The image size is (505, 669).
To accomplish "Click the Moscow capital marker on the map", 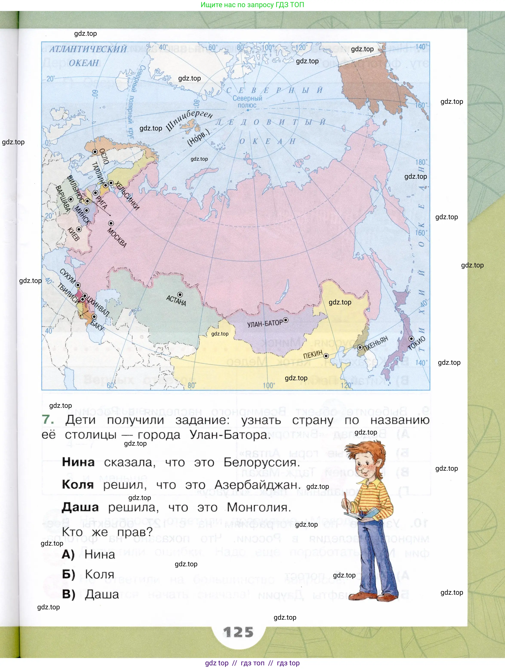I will point(111,224).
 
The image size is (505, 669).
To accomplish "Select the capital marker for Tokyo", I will point(411,339).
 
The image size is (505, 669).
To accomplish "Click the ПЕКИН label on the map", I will point(313,354).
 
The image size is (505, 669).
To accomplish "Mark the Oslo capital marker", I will point(95,152).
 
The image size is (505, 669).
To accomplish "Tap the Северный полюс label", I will point(247,102).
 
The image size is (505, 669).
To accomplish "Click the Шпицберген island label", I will point(189,120).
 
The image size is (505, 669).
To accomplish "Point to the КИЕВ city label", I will point(73,235).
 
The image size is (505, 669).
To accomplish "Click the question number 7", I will point(48,420).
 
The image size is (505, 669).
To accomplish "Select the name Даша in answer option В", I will point(102,594).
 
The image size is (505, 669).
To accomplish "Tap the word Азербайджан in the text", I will point(258,485).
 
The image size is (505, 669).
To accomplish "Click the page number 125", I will point(238,632).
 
